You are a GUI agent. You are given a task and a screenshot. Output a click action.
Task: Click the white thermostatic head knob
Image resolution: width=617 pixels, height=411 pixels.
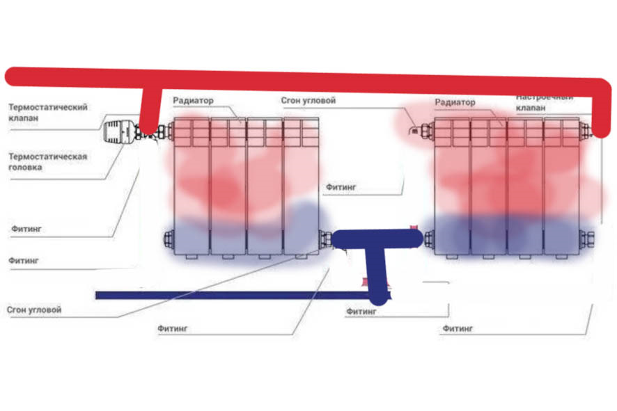click(119, 131)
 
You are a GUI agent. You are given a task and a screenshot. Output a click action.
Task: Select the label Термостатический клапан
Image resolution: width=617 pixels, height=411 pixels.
click(47, 113)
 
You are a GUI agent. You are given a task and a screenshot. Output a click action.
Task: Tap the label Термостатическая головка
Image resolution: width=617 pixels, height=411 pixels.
click(47, 161)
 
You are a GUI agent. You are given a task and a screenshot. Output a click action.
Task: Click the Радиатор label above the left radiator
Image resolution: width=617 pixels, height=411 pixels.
click(193, 100)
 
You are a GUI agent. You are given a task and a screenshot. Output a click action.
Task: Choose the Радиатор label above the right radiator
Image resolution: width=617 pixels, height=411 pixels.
click(455, 102)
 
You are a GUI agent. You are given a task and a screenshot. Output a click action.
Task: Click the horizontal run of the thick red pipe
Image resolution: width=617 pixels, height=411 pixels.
click(348, 78)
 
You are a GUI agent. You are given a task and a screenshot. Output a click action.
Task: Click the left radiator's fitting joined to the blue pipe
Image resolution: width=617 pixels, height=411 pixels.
click(325, 239)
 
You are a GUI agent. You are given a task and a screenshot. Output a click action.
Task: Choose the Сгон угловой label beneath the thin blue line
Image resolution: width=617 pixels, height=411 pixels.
click(34, 309)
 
